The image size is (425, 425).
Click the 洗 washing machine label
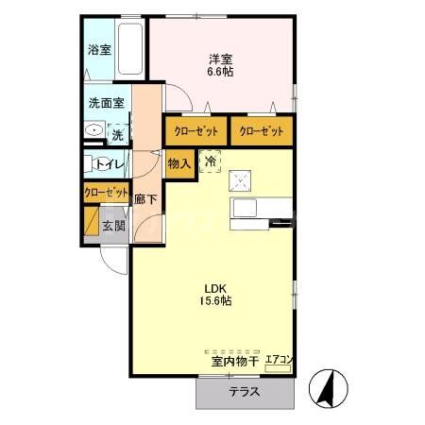click(x=117, y=135)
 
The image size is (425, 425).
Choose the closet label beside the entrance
click(x=105, y=192)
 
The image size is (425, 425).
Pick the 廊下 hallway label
click(x=144, y=199)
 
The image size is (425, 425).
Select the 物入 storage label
click(x=179, y=163)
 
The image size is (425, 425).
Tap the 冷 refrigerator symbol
click(x=211, y=161)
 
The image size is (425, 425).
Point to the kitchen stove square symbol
click(x=242, y=179)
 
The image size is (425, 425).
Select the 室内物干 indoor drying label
click(x=234, y=361)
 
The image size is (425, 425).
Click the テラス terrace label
click(x=245, y=392)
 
